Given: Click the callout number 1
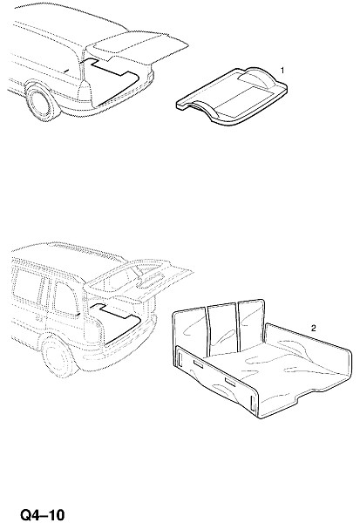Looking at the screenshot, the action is (x=282, y=71).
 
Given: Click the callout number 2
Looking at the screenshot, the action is (x=313, y=329).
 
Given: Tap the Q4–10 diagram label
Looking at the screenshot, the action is (x=43, y=514).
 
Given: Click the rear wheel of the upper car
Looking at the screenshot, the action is (x=41, y=102).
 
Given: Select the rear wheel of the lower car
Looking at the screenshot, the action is (x=58, y=357).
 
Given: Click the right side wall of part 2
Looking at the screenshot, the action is (x=307, y=347).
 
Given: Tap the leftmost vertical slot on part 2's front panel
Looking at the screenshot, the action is (x=180, y=358).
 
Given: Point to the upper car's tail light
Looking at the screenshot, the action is (x=84, y=90).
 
